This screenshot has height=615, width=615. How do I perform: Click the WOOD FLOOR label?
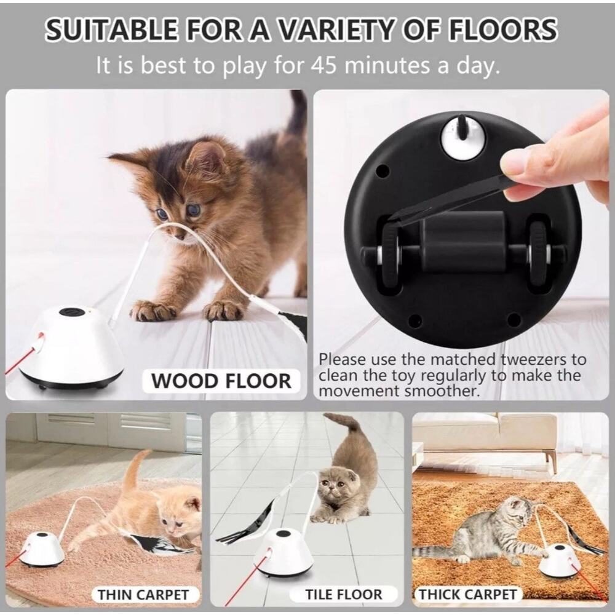point(221,381)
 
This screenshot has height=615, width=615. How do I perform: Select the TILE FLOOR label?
point(344,594)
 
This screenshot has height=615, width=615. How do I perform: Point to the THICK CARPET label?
point(467,594)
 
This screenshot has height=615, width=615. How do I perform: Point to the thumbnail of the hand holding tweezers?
point(553,160)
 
